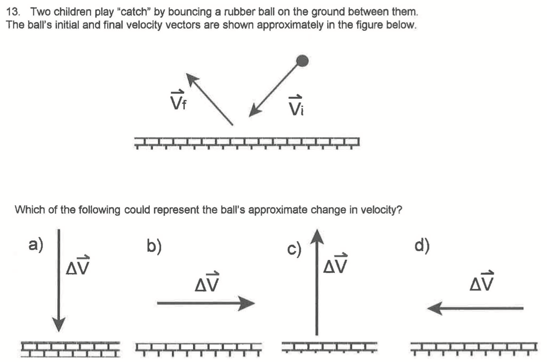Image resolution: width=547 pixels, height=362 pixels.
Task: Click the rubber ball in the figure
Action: [x=302, y=60]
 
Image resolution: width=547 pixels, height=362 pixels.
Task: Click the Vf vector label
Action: [x=177, y=101]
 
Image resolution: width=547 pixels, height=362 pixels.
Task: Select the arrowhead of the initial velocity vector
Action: [x=255, y=111]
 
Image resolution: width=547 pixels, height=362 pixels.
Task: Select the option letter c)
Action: [x=294, y=250]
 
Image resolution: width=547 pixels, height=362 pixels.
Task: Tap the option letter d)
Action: [x=422, y=245]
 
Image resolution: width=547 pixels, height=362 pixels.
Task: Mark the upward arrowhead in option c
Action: [x=316, y=236]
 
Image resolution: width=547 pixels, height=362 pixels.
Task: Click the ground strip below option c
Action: [x=329, y=346]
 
